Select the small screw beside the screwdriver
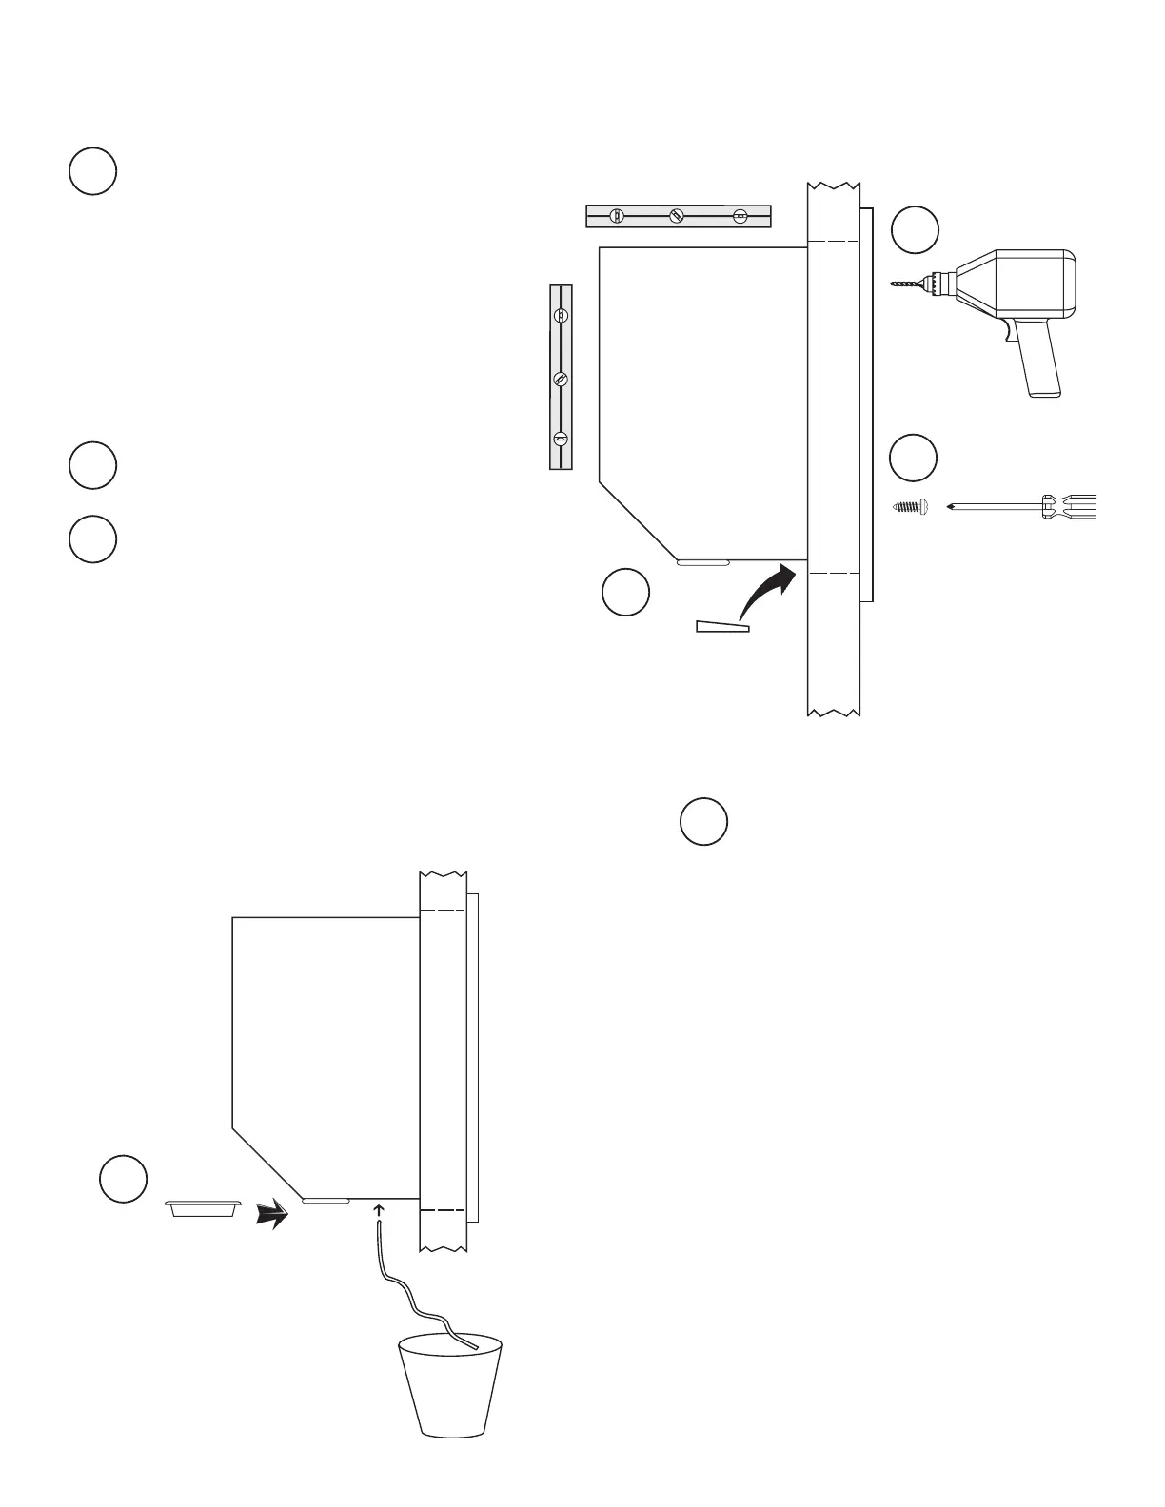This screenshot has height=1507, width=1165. (910, 507)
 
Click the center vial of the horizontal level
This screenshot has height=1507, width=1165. (677, 216)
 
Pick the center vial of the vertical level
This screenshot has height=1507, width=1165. (561, 379)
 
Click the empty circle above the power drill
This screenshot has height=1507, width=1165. (915, 229)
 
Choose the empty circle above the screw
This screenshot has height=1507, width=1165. (914, 458)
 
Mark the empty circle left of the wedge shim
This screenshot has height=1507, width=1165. (626, 592)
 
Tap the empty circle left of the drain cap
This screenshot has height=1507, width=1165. (124, 1178)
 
